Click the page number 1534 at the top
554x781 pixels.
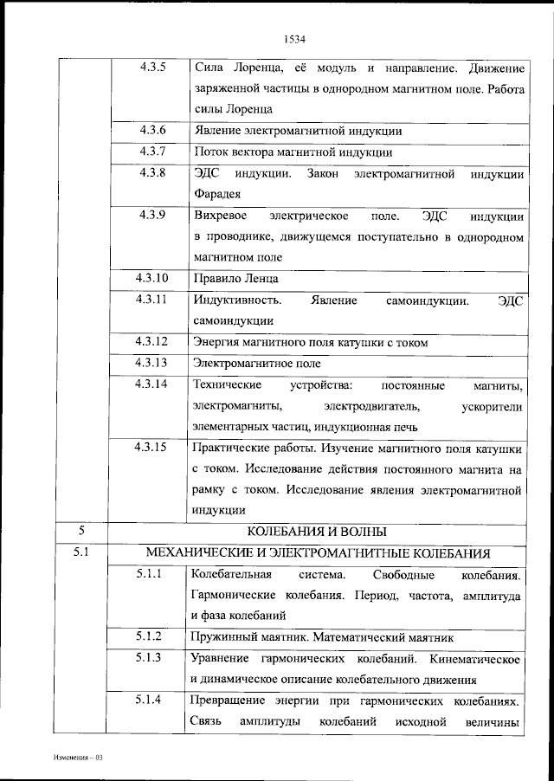click(295, 38)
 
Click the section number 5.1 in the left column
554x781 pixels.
click(81, 552)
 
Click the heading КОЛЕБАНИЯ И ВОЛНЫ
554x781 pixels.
click(317, 531)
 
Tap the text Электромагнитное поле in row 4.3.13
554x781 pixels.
click(256, 363)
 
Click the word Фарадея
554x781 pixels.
click(216, 194)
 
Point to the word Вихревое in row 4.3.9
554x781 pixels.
click(221, 215)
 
